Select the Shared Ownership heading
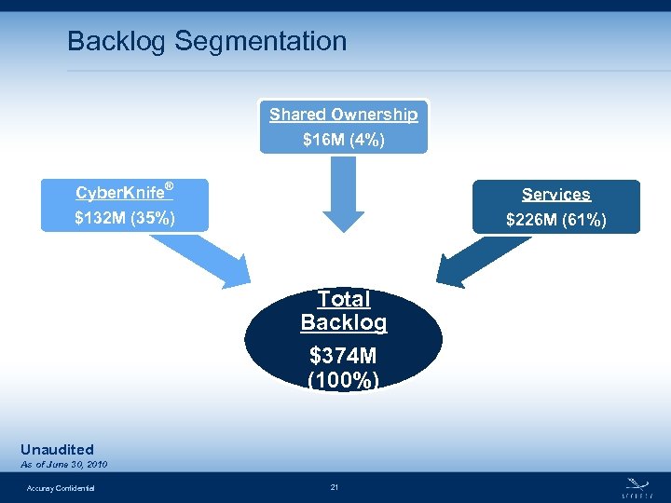pyautogui.click(x=343, y=115)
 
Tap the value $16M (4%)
pyautogui.click(x=343, y=141)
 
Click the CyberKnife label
pyautogui.click(x=119, y=194)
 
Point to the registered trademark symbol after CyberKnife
pyautogui.click(x=169, y=187)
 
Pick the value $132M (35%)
pyautogui.click(x=125, y=220)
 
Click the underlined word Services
pyautogui.click(x=556, y=195)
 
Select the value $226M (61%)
pyautogui.click(x=556, y=221)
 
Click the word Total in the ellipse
pyautogui.click(x=343, y=299)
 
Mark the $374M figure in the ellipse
pyautogui.click(x=343, y=357)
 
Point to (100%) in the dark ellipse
pyautogui.click(x=343, y=380)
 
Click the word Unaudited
pyautogui.click(x=57, y=450)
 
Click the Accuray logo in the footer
pyautogui.click(x=637, y=485)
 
